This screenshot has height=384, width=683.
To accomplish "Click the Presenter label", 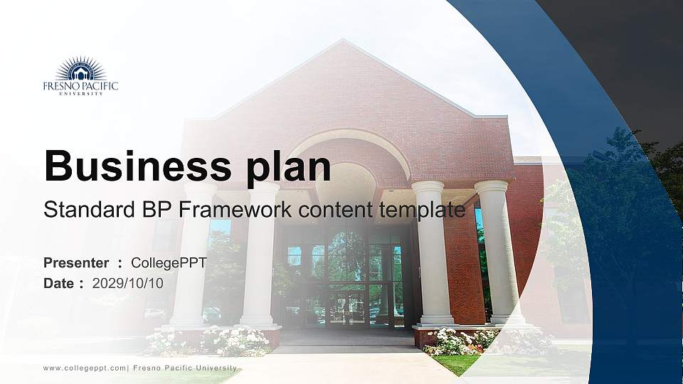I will click(76, 263).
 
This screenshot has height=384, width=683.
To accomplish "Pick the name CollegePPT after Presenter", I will click(169, 263).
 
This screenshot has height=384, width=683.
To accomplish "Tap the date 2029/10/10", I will click(128, 283).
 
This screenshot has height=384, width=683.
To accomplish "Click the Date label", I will click(59, 283).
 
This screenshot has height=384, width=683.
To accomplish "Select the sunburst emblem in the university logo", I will click(80, 69).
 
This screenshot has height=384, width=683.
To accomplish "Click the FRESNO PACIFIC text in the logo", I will click(80, 86).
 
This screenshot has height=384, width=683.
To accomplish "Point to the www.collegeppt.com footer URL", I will click(85, 368).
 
